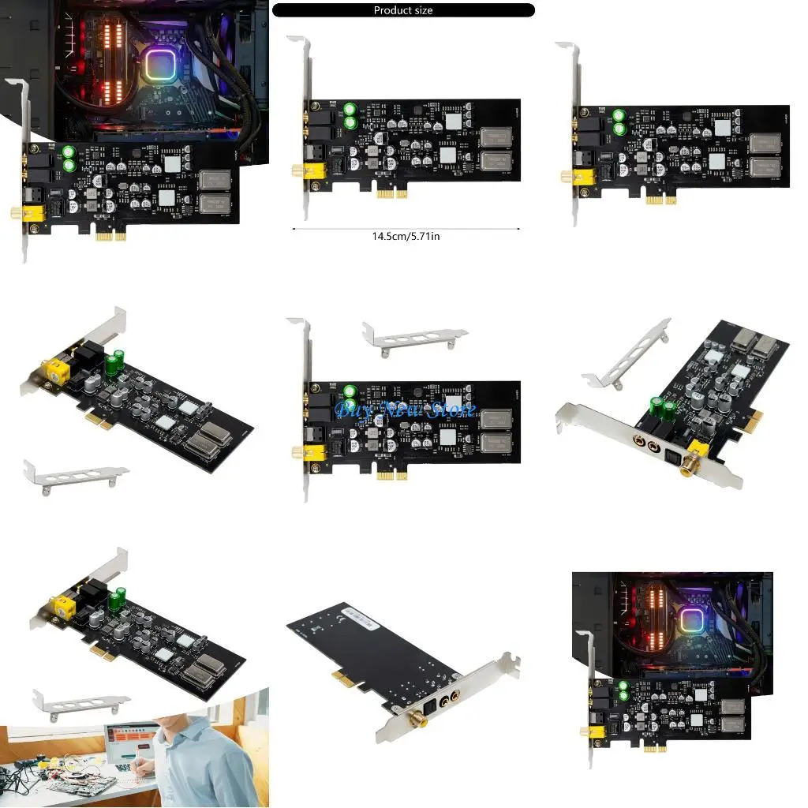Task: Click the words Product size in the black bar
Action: (402, 10)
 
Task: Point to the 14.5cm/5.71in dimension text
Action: (406, 236)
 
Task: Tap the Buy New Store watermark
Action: (406, 410)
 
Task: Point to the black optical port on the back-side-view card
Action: (432, 709)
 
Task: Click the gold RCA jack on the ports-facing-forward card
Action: (696, 469)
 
